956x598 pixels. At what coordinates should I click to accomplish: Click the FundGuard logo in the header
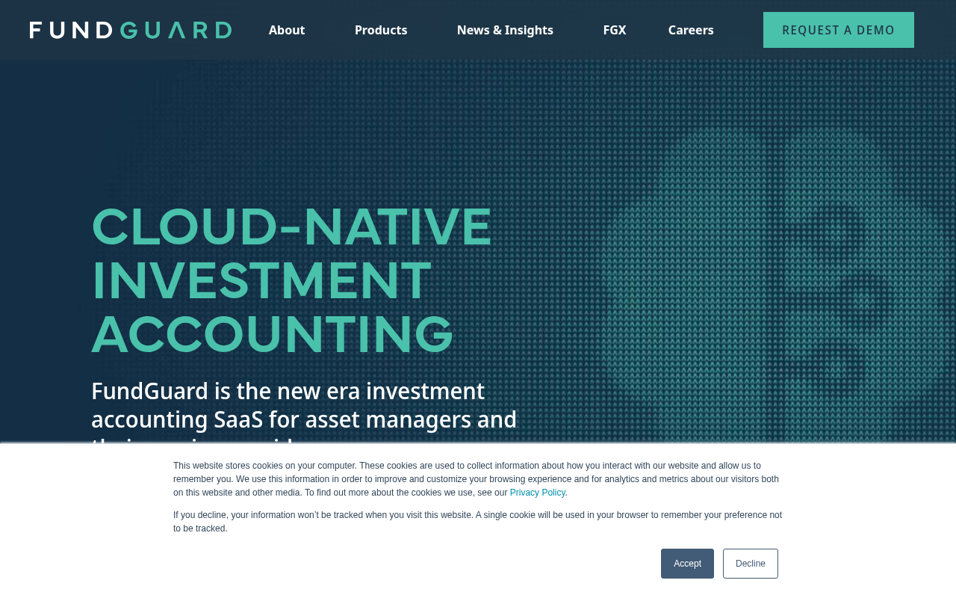tap(131, 30)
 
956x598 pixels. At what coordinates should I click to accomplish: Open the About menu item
tap(287, 30)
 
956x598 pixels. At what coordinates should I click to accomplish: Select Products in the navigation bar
tap(381, 30)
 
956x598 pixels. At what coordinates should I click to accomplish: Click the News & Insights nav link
tap(505, 30)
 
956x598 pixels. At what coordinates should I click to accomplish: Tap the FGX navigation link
tap(615, 30)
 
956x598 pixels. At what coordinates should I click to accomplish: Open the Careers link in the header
tap(691, 30)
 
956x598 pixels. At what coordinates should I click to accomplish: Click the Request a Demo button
tap(838, 30)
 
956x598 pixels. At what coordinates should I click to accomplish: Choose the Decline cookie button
tap(750, 564)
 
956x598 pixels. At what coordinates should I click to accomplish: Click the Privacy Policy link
tap(537, 493)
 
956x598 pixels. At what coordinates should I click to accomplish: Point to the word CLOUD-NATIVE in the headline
tap(291, 227)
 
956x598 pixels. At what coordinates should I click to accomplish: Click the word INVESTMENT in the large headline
tap(261, 281)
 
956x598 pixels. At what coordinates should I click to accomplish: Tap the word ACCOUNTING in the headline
tap(273, 335)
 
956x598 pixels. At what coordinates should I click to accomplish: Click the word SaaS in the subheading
tap(238, 419)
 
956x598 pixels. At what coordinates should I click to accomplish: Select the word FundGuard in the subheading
tap(149, 391)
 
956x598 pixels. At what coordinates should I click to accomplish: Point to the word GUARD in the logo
tap(176, 30)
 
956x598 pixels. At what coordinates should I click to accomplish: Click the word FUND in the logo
tap(71, 30)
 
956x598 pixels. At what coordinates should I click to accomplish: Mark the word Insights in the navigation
tap(530, 30)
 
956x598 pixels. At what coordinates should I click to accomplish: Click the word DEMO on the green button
tap(874, 30)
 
